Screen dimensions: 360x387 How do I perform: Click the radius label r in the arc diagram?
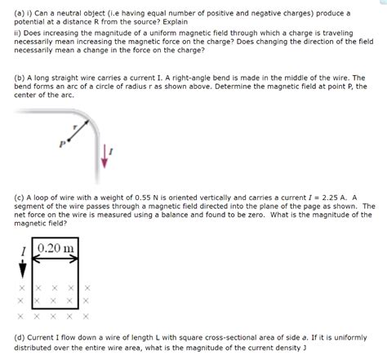(x=75, y=127)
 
